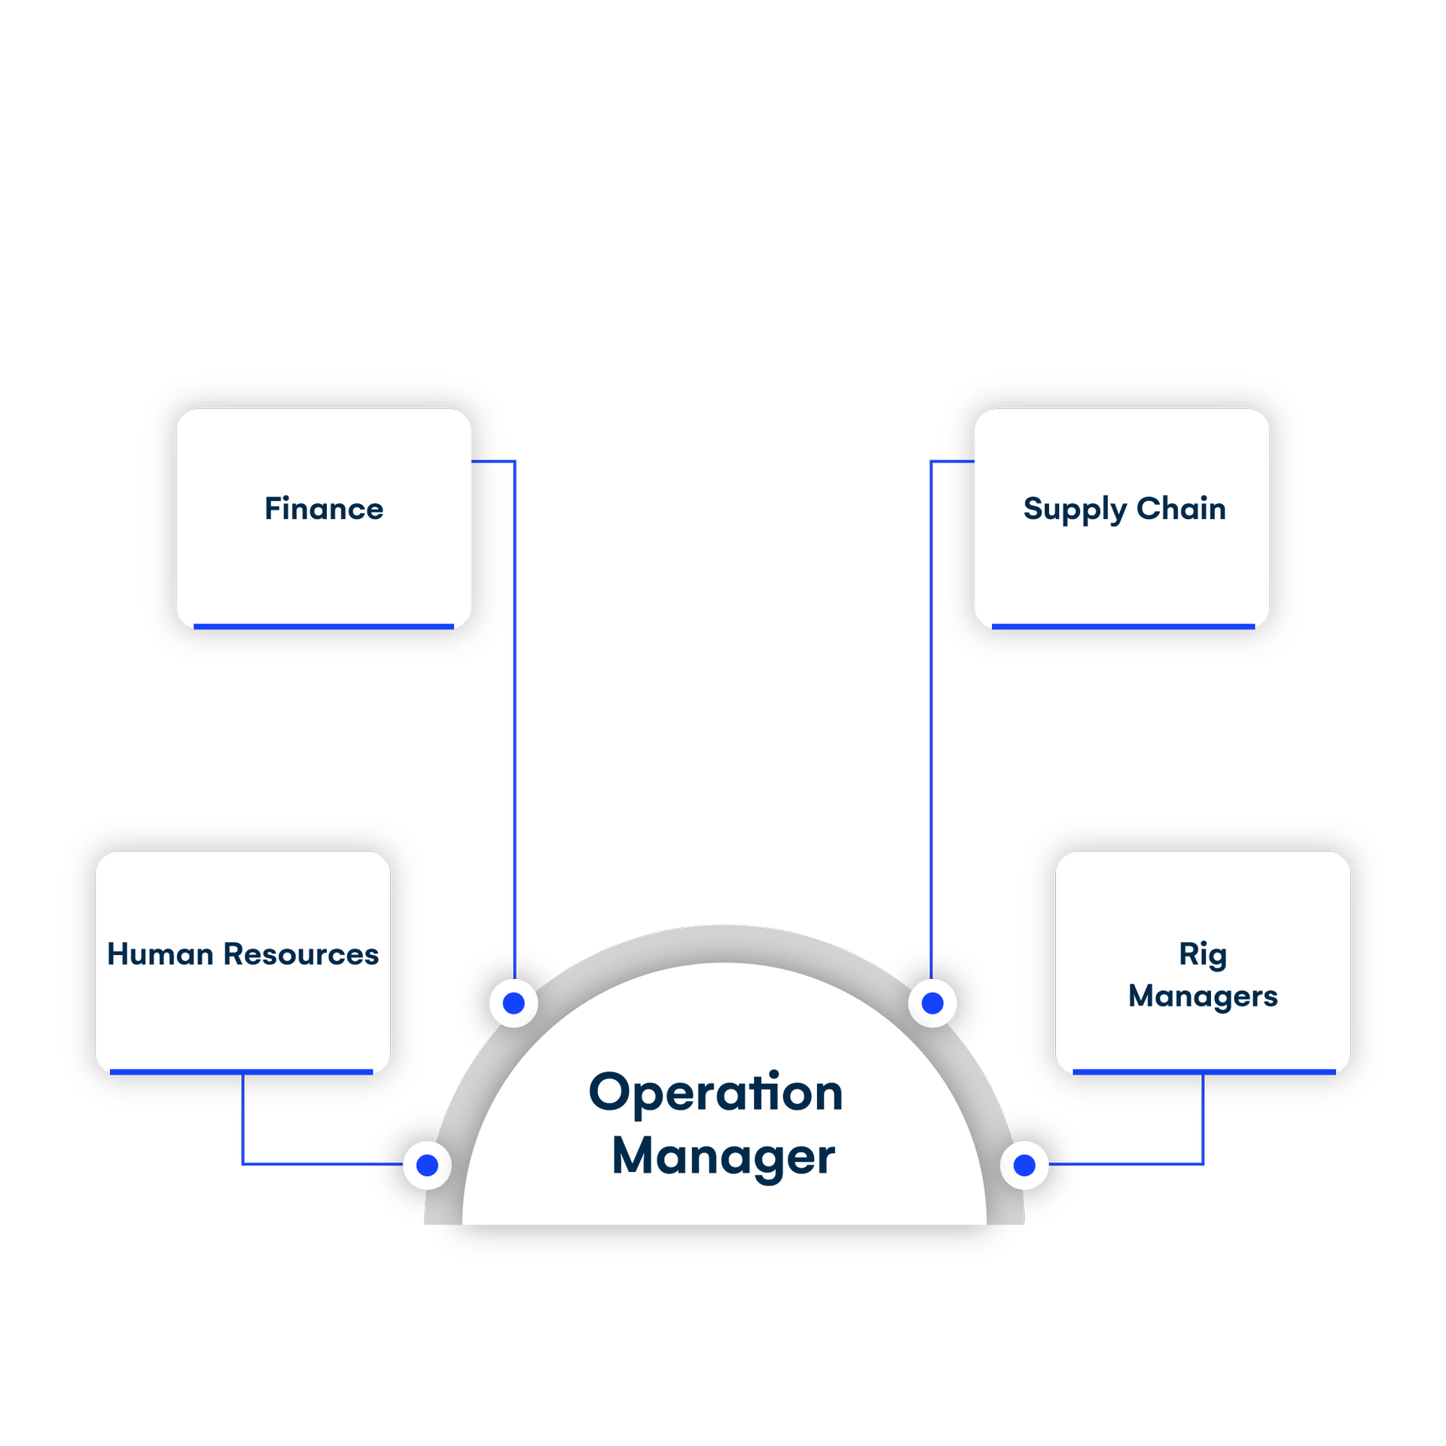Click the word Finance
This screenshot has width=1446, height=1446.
pos(324,509)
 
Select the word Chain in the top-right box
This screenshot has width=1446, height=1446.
pos(1181,509)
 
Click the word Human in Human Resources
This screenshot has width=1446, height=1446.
pos(160,954)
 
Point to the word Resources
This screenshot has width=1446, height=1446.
pos(301,954)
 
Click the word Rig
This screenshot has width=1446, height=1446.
pos(1203,955)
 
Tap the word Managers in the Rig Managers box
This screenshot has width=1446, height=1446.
pos(1203,996)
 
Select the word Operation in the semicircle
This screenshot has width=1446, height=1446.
pos(715,1094)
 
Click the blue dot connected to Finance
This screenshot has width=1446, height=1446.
pos(514,1003)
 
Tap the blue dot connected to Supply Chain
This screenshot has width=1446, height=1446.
pos(932,1003)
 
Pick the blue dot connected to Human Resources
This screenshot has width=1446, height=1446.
pos(427,1165)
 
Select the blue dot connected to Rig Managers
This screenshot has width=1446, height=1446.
pos(1024,1165)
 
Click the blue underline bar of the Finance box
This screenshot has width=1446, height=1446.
pos(324,627)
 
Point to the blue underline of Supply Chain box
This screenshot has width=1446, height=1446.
pos(1123,627)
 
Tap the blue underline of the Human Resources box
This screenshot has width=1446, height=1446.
pos(242,1072)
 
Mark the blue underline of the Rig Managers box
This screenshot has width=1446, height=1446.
pos(1203,1072)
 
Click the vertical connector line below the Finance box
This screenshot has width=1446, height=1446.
pos(514,715)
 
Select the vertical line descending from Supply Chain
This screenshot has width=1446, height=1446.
pos(932,715)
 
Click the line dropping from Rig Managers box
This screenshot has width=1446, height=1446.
pos(1203,1118)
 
